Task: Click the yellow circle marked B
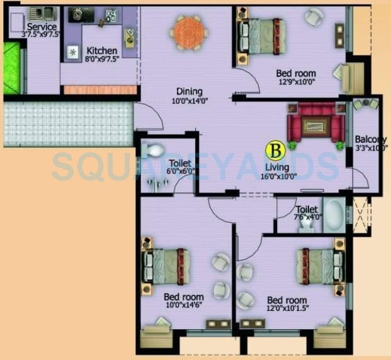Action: [274, 150]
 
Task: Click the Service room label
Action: [42, 27]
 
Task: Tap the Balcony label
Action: [370, 139]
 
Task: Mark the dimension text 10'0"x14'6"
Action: [184, 307]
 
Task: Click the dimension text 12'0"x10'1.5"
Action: [287, 310]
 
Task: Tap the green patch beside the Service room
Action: [11, 68]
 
